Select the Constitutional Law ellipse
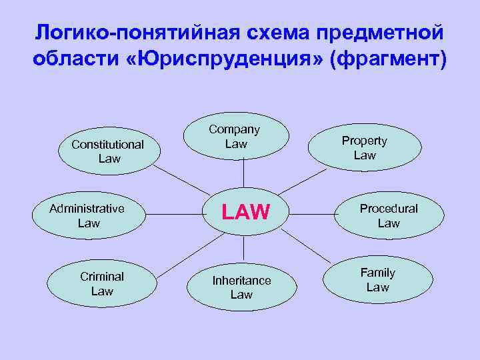(107, 151)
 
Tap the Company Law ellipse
(236, 137)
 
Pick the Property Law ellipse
(365, 148)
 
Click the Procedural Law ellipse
(388, 215)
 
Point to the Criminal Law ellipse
(102, 283)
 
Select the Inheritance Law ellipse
(241, 287)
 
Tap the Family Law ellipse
(377, 280)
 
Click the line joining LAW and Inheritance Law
(244, 248)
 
